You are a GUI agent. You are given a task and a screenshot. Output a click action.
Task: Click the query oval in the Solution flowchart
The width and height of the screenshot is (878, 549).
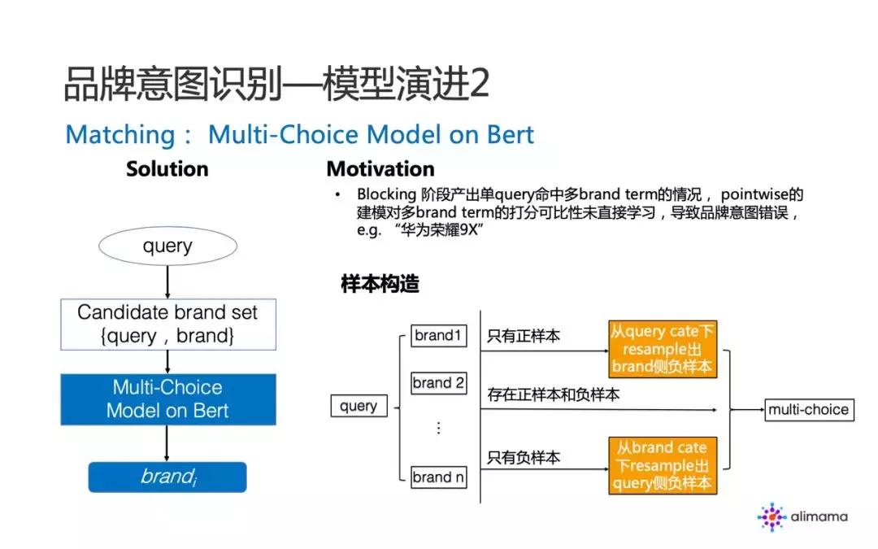[167, 246]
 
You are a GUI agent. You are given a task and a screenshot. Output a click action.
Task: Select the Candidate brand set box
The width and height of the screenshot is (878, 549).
[167, 325]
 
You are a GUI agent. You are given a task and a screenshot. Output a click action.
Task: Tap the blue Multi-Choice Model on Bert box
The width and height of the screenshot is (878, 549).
[167, 399]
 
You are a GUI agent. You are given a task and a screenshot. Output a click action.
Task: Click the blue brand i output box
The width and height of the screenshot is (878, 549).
[167, 477]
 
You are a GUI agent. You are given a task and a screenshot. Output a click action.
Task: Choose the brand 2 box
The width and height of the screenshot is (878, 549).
[438, 382]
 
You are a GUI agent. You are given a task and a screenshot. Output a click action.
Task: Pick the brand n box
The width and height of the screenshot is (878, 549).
[438, 477]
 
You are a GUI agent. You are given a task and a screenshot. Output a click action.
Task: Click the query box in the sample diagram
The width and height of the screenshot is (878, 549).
[359, 406]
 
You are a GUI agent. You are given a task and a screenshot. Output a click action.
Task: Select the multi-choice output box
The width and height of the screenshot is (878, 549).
[808, 409]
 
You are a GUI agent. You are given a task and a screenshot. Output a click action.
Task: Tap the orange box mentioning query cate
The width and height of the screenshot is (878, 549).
[662, 349]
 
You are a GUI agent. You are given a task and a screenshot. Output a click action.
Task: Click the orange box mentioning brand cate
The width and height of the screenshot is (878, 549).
[662, 465]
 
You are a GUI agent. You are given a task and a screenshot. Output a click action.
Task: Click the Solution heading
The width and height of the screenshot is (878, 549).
[167, 169]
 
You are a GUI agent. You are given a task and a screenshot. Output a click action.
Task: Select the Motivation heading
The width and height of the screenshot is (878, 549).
[380, 169]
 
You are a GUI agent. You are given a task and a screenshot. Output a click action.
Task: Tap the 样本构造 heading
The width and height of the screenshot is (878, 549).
[380, 285]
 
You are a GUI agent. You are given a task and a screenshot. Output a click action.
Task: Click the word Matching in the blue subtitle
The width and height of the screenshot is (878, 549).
[119, 134]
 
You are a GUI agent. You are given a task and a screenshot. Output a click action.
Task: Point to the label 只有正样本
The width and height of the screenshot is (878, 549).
[524, 336]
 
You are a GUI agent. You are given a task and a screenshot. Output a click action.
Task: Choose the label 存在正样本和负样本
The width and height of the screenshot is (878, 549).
[553, 395]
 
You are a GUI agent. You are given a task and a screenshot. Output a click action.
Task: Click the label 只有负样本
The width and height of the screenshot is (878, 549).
[524, 458]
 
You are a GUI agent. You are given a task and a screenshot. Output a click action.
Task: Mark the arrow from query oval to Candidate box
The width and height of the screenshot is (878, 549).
[167, 281]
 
